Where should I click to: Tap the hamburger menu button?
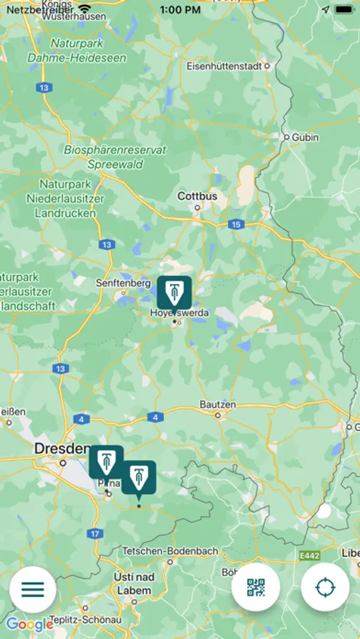33,589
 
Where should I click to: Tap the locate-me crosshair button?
325,588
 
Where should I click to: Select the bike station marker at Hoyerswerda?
174,293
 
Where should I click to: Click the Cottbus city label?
197,196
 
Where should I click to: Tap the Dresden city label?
61,449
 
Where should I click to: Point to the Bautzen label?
217,404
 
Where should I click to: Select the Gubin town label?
305,137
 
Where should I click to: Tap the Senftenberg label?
124,283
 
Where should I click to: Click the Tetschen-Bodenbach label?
170,551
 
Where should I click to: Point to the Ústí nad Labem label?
133,584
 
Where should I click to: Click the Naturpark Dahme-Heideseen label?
77,51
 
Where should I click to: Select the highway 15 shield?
236,224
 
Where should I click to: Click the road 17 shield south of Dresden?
96,533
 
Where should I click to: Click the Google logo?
30,625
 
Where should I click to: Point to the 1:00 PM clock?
180,10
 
